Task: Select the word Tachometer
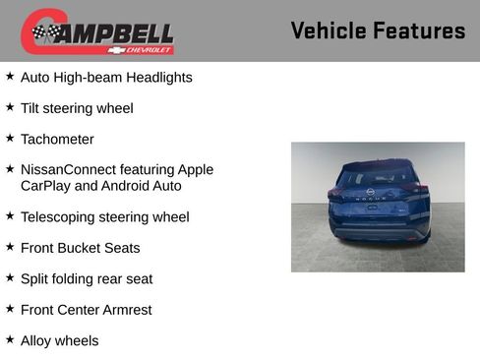click(x=57, y=139)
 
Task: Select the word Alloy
click(x=37, y=340)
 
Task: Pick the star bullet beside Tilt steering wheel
click(x=10, y=106)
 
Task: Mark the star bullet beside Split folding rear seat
click(x=10, y=277)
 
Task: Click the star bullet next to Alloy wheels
click(x=10, y=339)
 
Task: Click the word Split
click(x=35, y=278)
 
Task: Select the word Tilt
click(x=31, y=108)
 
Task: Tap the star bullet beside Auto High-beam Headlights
click(x=10, y=75)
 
